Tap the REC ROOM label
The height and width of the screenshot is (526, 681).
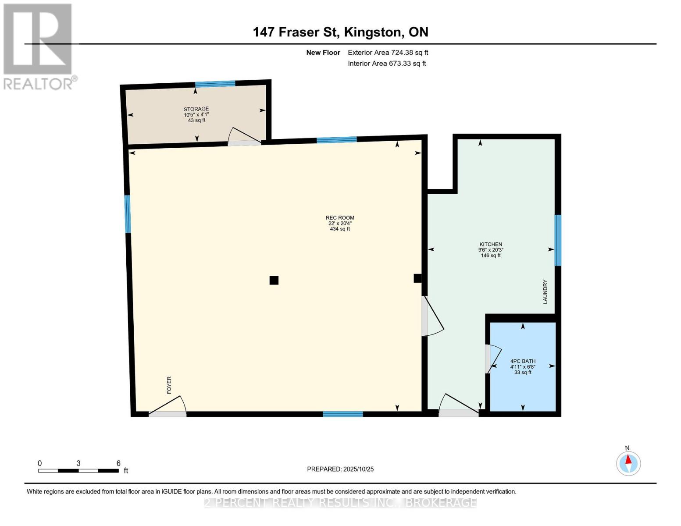tap(340, 218)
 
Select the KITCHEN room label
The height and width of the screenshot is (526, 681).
tap(490, 245)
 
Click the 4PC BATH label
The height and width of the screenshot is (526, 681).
tap(523, 361)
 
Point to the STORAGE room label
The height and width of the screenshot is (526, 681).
tap(196, 109)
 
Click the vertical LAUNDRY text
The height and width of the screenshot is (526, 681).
tap(546, 292)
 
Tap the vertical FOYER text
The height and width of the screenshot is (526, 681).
tap(169, 385)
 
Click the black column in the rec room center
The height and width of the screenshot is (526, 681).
tap(274, 280)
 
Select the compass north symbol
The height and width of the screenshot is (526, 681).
tap(628, 463)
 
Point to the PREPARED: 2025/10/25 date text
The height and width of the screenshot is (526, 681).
tap(340, 469)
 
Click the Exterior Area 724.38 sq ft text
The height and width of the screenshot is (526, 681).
tap(388, 53)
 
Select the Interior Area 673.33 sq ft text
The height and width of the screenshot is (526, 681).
tap(387, 64)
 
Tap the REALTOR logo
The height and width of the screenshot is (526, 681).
tap(39, 46)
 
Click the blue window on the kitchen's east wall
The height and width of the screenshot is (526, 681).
tap(558, 240)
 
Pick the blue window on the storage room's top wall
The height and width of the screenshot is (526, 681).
tap(215, 84)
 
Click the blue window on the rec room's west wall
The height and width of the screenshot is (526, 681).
tap(128, 214)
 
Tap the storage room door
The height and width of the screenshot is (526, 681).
tap(244, 138)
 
